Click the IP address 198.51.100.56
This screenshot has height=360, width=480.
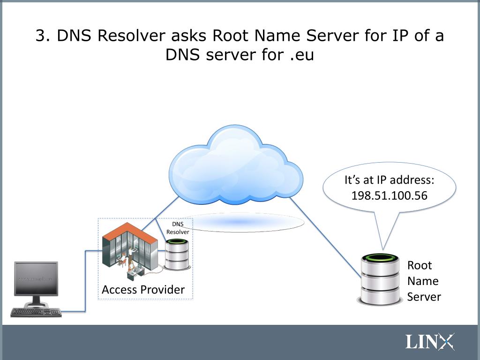click(390, 195)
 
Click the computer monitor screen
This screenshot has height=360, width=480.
click(36, 278)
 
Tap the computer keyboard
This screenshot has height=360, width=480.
click(36, 312)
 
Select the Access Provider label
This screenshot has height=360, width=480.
click(143, 290)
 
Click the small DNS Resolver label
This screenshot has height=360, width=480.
click(178, 228)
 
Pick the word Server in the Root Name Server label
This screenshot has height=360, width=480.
click(424, 297)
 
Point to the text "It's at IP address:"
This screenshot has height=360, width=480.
click(390, 180)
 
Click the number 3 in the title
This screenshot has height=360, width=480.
click(41, 36)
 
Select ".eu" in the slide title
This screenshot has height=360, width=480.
click(301, 55)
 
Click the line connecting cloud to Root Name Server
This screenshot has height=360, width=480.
click(323, 234)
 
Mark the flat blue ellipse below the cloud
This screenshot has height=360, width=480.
click(239, 222)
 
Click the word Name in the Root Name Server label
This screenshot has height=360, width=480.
click(423, 281)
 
